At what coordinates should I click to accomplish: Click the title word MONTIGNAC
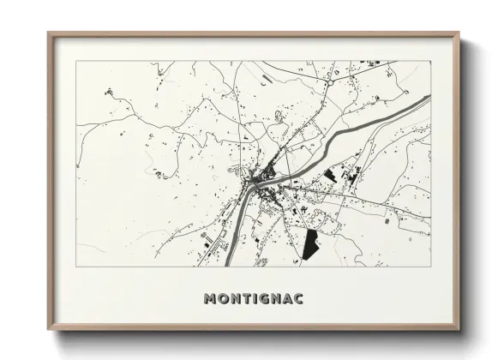tap(254, 298)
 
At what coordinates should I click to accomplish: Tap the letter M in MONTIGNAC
tap(210, 298)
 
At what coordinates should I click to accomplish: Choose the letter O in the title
tap(221, 298)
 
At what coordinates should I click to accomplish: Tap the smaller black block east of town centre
tap(330, 175)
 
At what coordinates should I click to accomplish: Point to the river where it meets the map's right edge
tap(428, 99)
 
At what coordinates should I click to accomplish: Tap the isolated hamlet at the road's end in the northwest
tap(109, 91)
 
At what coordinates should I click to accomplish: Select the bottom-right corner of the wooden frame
tap(458, 328)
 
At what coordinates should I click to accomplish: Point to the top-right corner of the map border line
tap(430, 61)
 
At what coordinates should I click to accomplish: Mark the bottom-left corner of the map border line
tap(76, 266)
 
